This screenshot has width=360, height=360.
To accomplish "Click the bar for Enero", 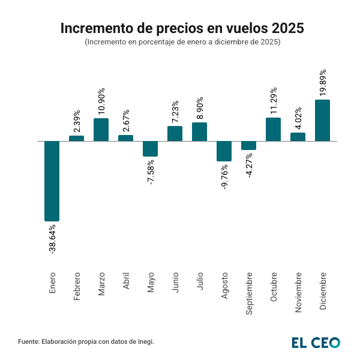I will pos(52,181).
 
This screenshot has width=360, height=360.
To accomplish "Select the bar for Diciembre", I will pos(322,121).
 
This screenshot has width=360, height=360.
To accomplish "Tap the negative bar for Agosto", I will pos(224,151).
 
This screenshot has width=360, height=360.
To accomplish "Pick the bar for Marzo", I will pos(101,130).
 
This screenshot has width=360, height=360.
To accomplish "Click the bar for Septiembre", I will pos(248,145).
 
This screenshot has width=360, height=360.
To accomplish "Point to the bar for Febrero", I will pos(76,139).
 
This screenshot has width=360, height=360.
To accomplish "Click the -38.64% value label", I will pos(52,239).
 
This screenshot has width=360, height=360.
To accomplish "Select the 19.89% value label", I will pos(323,82).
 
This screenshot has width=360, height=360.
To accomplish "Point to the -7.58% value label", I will pos(151,172).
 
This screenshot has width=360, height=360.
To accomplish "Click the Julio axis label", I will pos(200,283).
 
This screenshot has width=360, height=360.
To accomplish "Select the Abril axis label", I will pos(126,283).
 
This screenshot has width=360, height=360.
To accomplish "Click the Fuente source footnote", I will pos(86,341).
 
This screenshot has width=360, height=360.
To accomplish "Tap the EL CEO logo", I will pos(316,342).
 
